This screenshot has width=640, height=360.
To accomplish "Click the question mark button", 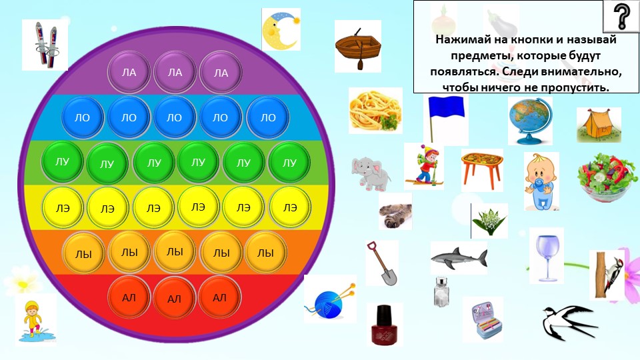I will click(x=621, y=16).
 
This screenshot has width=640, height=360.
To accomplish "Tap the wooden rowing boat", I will click(x=357, y=45).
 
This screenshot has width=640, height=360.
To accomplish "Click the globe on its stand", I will click(x=529, y=120).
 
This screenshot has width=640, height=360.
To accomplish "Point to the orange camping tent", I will click(x=598, y=125).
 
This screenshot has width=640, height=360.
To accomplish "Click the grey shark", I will click(x=458, y=256).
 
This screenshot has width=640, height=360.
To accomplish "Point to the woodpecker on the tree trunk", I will click(x=607, y=274).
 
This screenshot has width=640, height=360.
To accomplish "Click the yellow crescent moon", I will click(x=280, y=30).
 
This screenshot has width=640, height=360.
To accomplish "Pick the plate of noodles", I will click(x=374, y=109).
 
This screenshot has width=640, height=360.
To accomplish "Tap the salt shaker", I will click(x=441, y=292).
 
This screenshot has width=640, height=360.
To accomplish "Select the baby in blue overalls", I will click(x=541, y=179).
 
